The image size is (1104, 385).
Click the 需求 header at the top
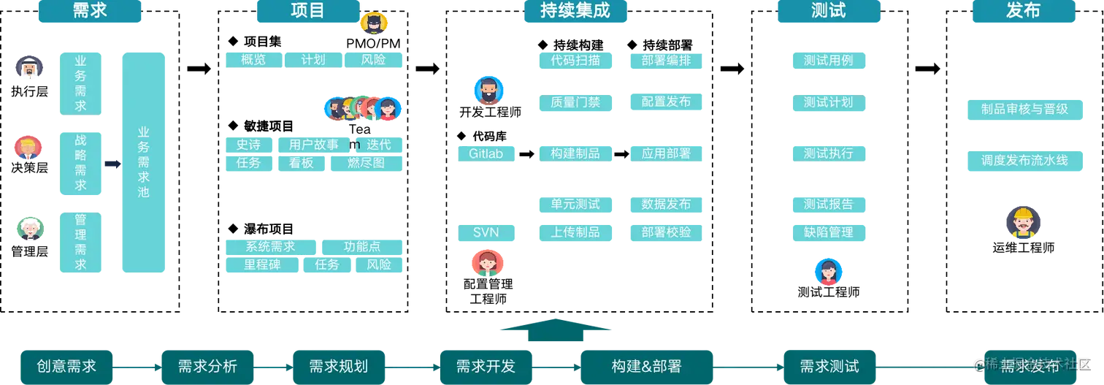point(90,11)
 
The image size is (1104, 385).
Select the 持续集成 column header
point(576,11)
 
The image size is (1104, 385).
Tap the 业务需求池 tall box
point(143,161)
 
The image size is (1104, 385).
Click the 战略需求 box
point(81,164)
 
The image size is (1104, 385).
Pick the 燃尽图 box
point(367,163)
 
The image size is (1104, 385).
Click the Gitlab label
point(487,154)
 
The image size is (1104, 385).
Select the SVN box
point(486,233)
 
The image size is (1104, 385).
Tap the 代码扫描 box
point(575,61)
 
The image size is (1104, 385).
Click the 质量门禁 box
point(575,102)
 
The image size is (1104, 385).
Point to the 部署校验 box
point(666,232)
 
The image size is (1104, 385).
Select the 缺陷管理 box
point(828,232)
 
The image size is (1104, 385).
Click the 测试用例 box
point(828,61)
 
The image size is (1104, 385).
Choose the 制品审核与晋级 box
point(1024,109)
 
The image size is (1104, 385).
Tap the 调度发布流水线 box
point(1024,160)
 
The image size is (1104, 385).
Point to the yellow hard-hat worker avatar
point(1024,222)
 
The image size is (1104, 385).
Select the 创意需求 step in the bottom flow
point(66,366)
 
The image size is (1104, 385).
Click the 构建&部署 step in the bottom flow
point(646,366)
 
